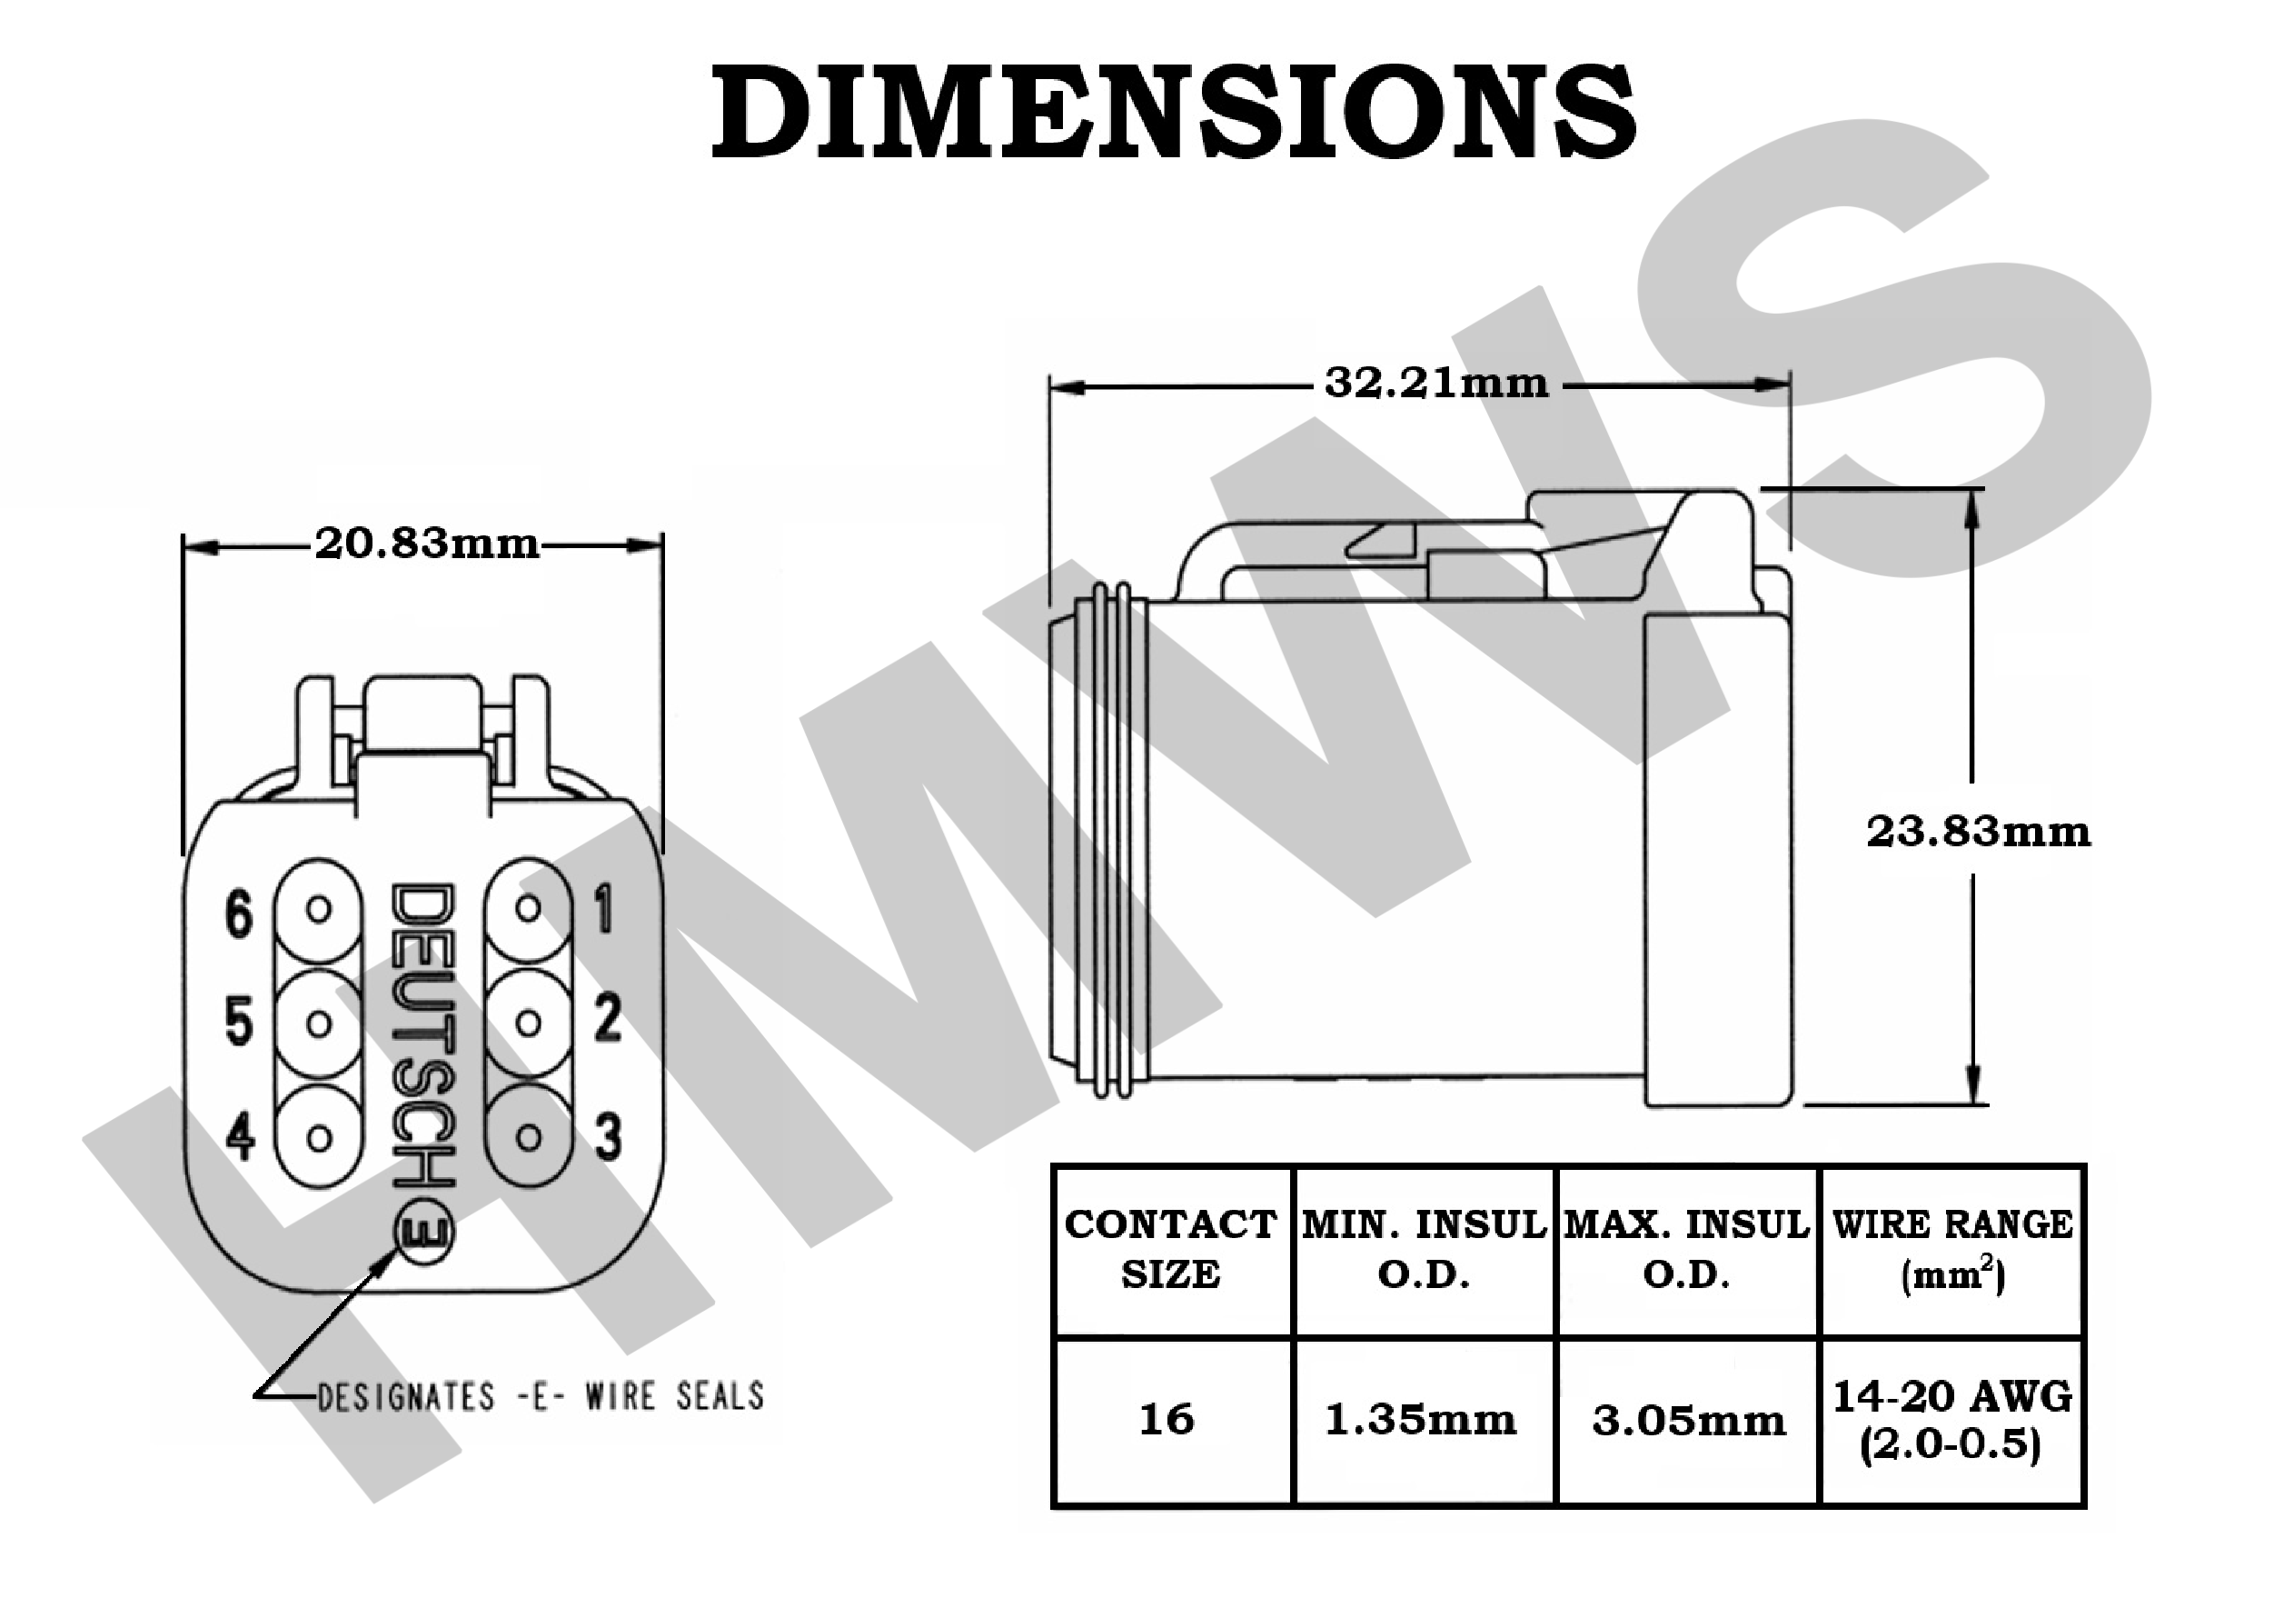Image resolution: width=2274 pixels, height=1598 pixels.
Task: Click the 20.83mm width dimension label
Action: (427, 544)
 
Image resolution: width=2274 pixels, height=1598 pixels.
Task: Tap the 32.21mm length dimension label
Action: (1436, 383)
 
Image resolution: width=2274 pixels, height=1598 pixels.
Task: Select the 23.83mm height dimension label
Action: (1979, 831)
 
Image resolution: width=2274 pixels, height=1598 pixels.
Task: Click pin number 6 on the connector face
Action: (239, 913)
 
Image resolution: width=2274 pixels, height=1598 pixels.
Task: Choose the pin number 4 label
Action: (240, 1135)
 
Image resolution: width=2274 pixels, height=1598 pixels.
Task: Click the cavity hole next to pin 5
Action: (319, 1024)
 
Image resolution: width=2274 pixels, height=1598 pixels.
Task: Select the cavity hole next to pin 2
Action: (529, 1024)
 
